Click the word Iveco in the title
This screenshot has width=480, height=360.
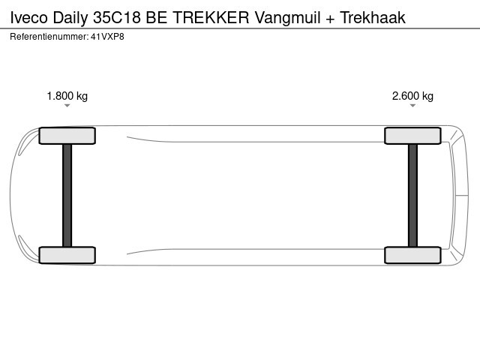pyautogui.click(x=29, y=17)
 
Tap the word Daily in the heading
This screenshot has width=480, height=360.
pyautogui.click(x=70, y=18)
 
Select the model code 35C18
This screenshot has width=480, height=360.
pyautogui.click(x=117, y=17)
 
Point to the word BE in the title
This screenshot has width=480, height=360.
pyautogui.click(x=157, y=17)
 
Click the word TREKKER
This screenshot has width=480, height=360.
pyautogui.click(x=211, y=17)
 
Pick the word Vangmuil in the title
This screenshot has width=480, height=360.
pyautogui.click(x=288, y=18)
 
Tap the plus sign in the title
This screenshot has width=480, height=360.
pyautogui.click(x=330, y=19)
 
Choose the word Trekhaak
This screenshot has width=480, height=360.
pyautogui.click(x=373, y=17)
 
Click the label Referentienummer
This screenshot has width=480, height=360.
pyautogui.click(x=49, y=37)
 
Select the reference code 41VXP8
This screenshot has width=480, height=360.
pyautogui.click(x=107, y=37)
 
